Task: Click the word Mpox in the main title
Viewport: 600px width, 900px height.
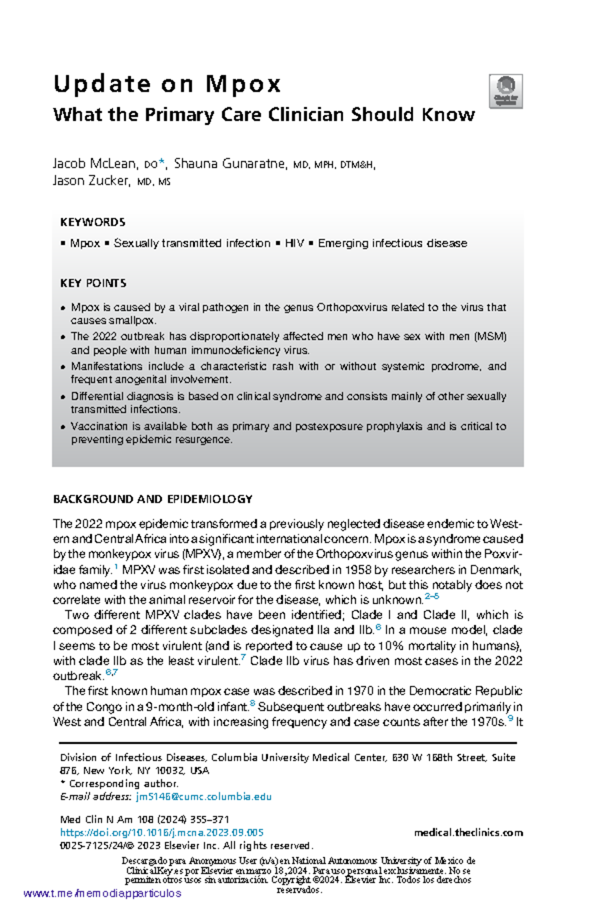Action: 243,84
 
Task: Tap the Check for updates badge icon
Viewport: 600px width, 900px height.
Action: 505,91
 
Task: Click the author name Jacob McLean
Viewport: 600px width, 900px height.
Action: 94,163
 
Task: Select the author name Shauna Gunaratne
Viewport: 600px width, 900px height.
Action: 230,163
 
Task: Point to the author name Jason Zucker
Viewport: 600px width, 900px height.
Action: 90,180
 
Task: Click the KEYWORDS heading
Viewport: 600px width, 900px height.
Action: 92,222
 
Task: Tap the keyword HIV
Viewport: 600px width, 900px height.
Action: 294,243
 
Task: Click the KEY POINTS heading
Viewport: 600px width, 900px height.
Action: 93,283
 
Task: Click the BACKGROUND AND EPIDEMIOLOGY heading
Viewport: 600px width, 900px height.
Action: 152,499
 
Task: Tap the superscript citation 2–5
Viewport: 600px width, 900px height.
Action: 431,596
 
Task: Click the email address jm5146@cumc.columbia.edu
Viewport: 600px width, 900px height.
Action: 203,796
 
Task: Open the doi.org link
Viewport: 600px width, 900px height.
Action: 161,832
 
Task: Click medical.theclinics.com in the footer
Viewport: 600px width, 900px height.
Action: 468,832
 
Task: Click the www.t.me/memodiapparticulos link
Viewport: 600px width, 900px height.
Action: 102,893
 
